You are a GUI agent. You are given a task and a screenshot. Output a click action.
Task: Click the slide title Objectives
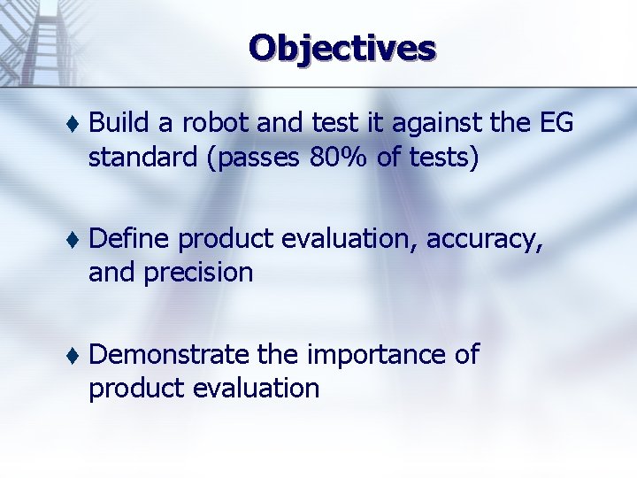point(342,48)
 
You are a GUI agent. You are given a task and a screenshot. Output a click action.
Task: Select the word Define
point(130,238)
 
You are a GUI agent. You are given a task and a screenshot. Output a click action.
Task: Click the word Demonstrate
point(170,354)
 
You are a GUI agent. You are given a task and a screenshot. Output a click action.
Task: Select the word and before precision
point(111,273)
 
